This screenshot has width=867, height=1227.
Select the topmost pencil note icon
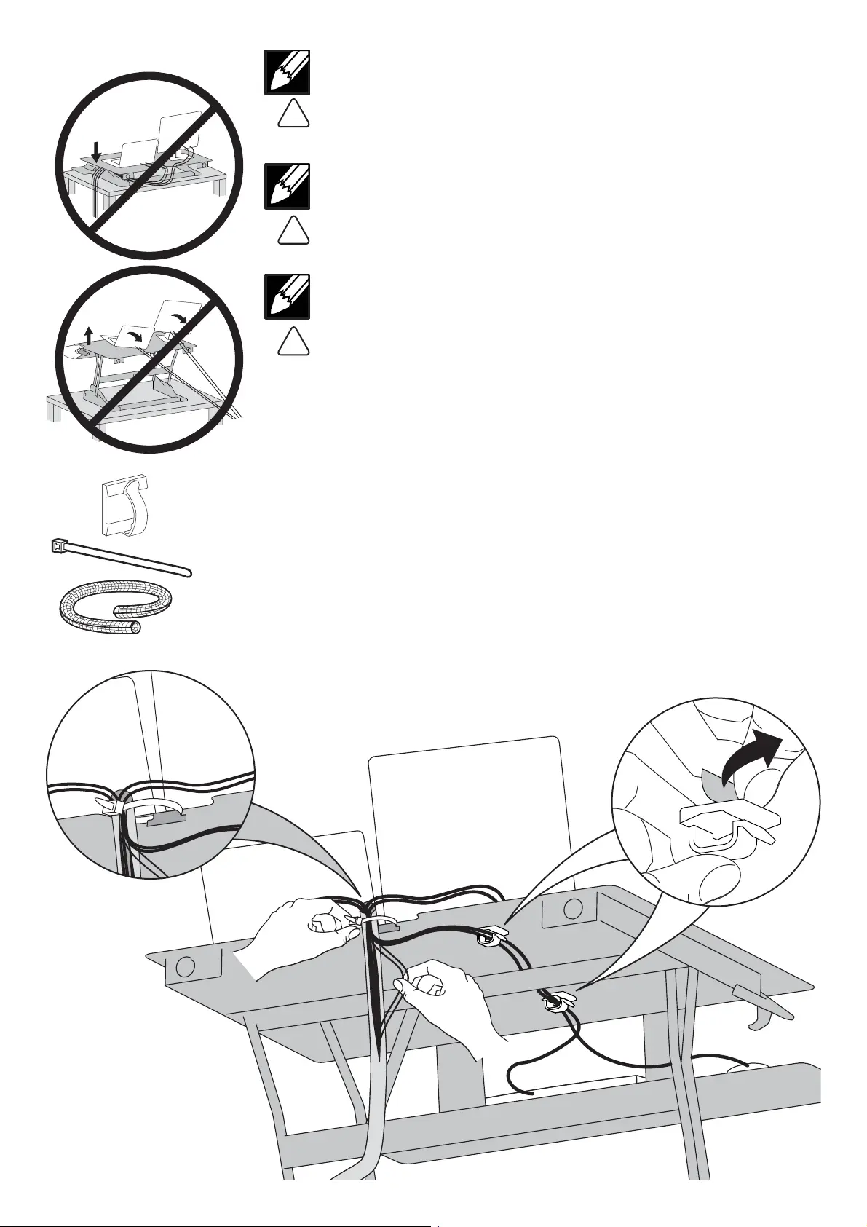(x=287, y=72)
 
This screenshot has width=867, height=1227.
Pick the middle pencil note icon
(x=287, y=186)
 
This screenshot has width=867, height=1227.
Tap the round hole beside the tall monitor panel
(x=573, y=909)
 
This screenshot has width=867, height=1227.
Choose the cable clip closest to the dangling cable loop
(x=555, y=1001)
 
